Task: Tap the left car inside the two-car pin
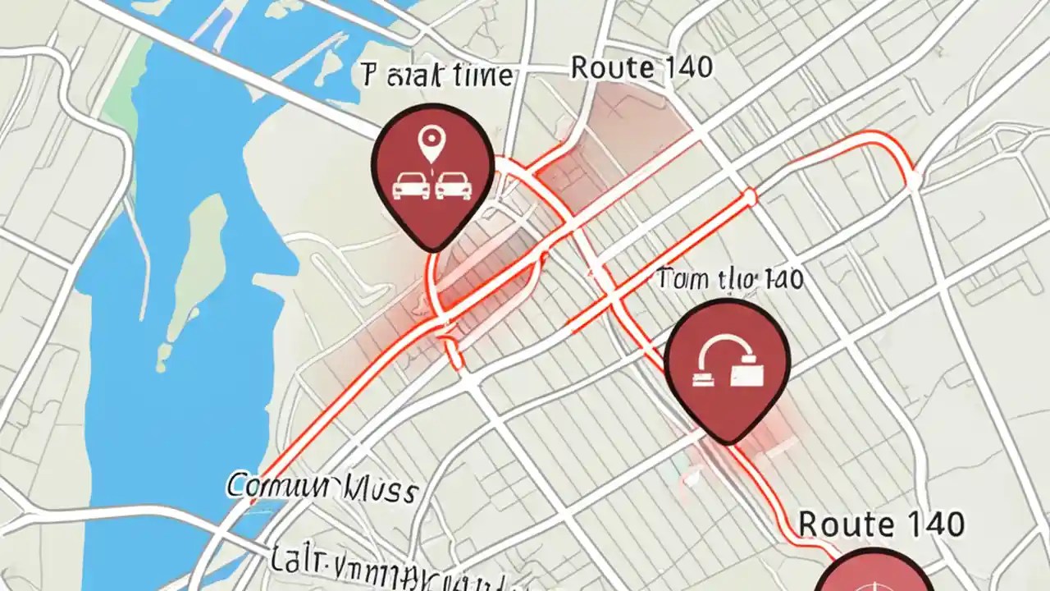(412, 186)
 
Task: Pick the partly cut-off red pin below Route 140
(876, 575)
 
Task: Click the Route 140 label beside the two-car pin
(641, 68)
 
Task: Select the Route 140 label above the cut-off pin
(881, 523)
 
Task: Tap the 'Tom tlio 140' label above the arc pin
(729, 279)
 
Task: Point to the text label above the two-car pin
(436, 76)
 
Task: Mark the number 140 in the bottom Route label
(930, 523)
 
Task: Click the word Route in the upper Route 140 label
(605, 68)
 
